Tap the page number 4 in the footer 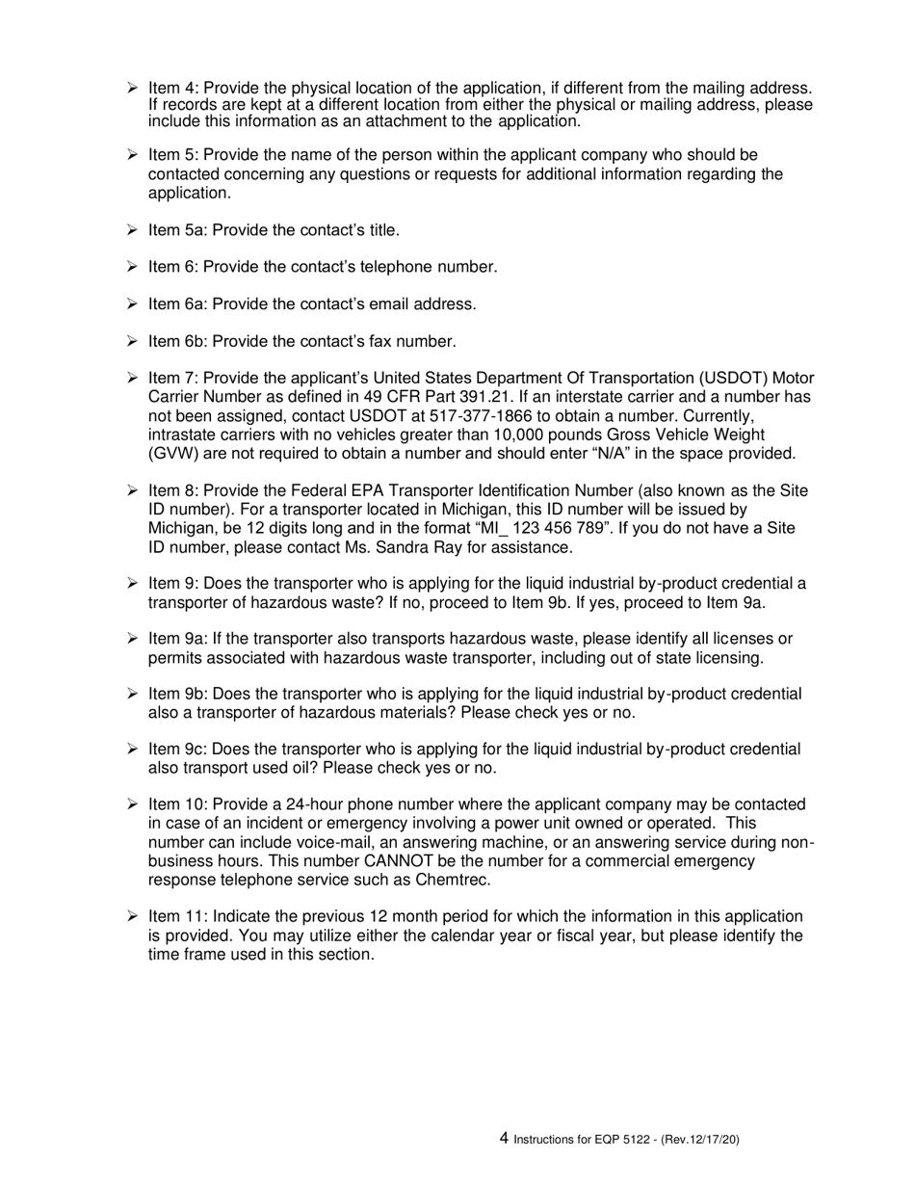click(x=504, y=1138)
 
